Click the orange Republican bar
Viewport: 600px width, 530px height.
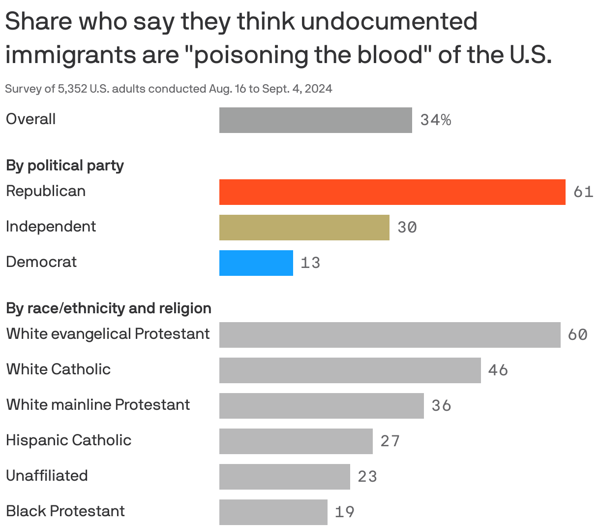pyautogui.click(x=392, y=192)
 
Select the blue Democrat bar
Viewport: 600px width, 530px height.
pyautogui.click(x=256, y=263)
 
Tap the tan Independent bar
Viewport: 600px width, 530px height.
pyautogui.click(x=304, y=228)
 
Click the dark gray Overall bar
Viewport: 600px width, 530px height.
pyautogui.click(x=315, y=120)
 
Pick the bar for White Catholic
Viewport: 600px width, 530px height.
pyautogui.click(x=350, y=370)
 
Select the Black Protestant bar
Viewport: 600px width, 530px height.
pyautogui.click(x=273, y=512)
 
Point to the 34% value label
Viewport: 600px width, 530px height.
pyautogui.click(x=436, y=120)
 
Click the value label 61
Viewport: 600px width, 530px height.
pyautogui.click(x=583, y=192)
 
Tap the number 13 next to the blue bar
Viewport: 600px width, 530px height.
pyautogui.click(x=310, y=263)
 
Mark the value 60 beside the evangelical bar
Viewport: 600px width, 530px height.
pyautogui.click(x=577, y=335)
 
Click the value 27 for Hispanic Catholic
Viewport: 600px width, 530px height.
pyautogui.click(x=390, y=441)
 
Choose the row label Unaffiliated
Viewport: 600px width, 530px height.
pyautogui.click(x=47, y=476)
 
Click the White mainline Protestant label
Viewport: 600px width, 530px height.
pyautogui.click(x=98, y=405)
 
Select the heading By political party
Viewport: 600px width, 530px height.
pyautogui.click(x=64, y=166)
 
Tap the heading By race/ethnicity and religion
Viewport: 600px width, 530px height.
pyautogui.click(x=109, y=308)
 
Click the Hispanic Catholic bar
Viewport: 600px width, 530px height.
pyautogui.click(x=296, y=441)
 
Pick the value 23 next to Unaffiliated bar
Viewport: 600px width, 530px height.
pyautogui.click(x=367, y=477)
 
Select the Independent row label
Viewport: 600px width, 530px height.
pyautogui.click(x=51, y=227)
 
